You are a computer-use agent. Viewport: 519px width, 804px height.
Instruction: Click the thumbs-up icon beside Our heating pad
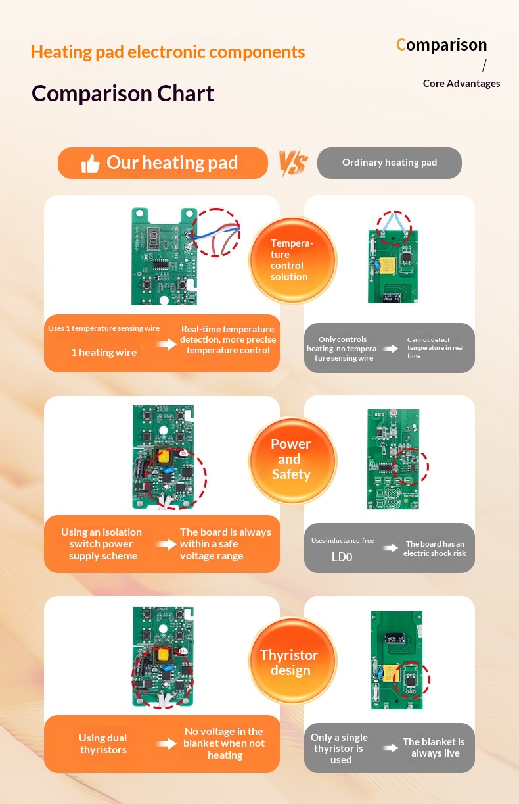(90, 164)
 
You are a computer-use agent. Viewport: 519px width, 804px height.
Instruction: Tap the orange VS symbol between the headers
(293, 163)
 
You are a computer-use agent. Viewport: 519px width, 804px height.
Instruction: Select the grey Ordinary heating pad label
(389, 163)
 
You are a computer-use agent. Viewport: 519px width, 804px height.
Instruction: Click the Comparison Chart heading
(123, 93)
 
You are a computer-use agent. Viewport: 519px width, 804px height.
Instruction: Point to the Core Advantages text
(461, 84)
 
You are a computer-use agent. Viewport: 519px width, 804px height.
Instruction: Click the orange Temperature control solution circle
(292, 261)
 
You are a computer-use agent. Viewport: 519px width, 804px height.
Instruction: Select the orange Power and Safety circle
(292, 460)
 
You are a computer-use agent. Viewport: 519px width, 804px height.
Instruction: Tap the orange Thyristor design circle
(292, 661)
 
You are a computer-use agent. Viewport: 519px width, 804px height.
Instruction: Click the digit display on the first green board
(154, 238)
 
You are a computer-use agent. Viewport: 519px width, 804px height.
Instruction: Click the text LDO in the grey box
(342, 557)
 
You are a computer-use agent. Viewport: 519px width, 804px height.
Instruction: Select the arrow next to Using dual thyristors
(167, 743)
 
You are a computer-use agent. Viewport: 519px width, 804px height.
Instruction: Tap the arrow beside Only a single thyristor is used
(390, 747)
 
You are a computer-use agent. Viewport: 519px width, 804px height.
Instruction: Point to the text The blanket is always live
(434, 747)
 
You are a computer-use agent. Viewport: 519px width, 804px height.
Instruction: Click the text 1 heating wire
(104, 353)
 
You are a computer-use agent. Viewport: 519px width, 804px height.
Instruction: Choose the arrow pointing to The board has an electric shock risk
(390, 547)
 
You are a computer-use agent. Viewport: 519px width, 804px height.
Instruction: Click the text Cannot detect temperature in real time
(435, 347)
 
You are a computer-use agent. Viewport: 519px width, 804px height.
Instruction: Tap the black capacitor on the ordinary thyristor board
(395, 638)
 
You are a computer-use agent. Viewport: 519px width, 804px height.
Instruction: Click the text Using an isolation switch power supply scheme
(102, 543)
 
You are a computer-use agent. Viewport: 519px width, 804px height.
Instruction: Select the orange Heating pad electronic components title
(168, 52)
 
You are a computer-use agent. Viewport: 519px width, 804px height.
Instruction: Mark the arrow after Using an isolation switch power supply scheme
(167, 544)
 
